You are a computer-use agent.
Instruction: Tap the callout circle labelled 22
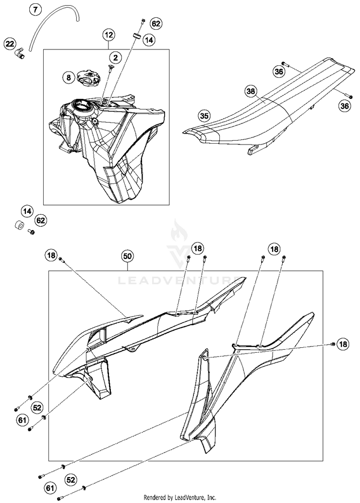(x=10, y=44)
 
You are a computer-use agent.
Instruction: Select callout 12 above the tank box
(x=109, y=35)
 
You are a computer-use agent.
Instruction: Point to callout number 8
(x=69, y=76)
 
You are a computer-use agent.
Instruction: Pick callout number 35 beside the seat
(x=204, y=115)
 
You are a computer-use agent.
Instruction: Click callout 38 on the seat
(x=251, y=91)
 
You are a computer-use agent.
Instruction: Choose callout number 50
(x=127, y=256)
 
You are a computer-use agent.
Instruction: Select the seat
(x=269, y=106)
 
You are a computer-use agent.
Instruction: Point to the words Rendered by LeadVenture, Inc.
(x=180, y=497)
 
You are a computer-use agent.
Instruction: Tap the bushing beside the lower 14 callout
(x=19, y=225)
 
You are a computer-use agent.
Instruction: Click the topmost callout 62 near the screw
(x=156, y=23)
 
